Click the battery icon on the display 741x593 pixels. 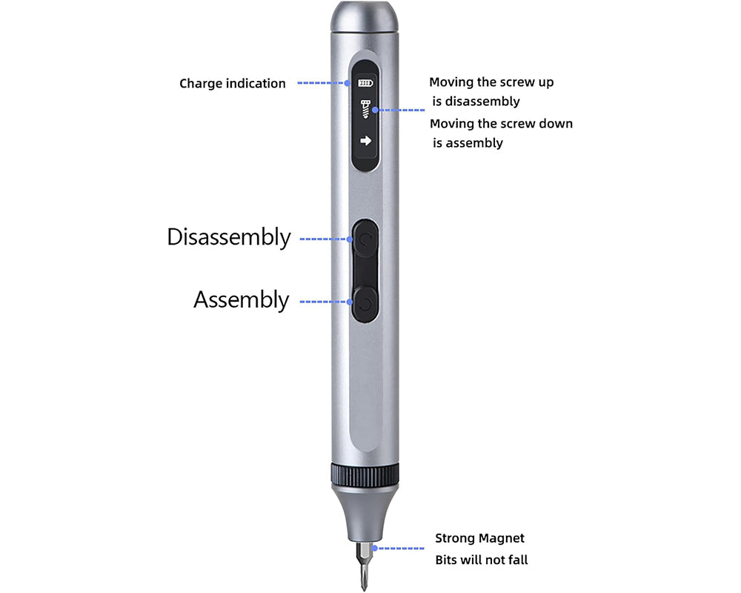tap(365, 83)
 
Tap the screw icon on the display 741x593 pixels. tap(365, 109)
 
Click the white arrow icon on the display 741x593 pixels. tap(365, 140)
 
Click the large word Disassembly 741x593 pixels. tap(228, 237)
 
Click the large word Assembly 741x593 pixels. tap(241, 300)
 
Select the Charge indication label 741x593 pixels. tap(232, 84)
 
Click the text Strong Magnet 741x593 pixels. tap(479, 538)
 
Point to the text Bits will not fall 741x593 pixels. tap(481, 560)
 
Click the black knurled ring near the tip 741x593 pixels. tap(364, 475)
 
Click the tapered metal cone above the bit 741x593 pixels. tap(364, 515)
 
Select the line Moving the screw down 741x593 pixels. tap(501, 124)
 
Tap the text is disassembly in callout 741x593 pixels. tap(476, 102)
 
